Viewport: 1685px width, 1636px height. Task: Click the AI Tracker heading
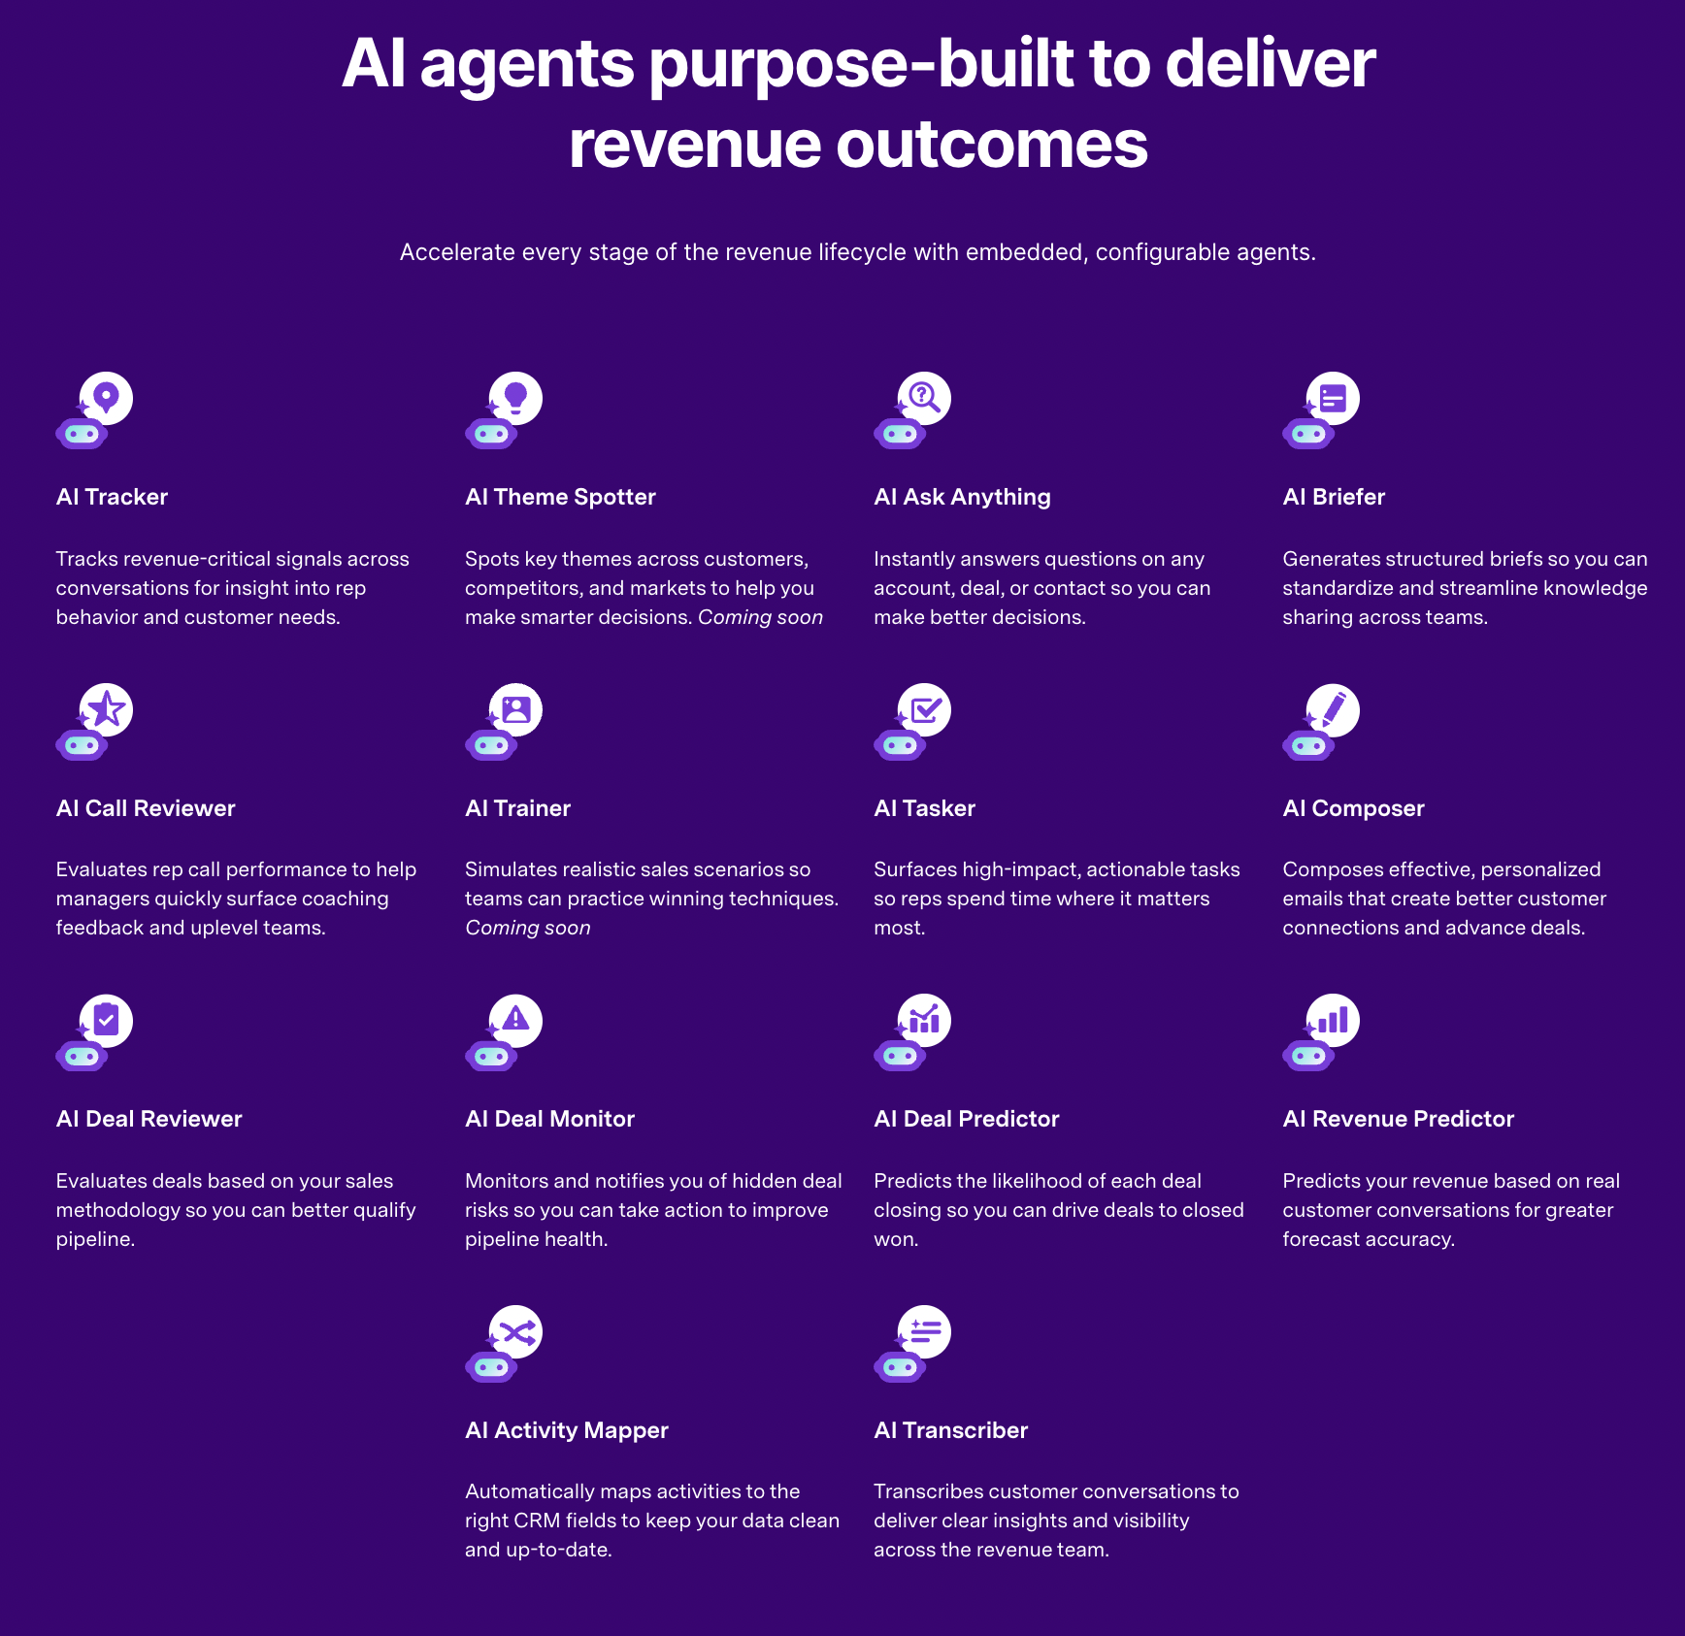tap(112, 497)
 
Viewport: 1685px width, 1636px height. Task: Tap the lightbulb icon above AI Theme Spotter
tap(514, 398)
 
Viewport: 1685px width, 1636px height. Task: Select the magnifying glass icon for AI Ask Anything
tap(924, 398)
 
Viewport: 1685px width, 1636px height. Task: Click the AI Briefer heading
tap(1334, 497)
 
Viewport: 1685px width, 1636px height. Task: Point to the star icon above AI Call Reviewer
tap(107, 709)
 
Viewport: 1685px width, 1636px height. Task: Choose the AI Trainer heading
tap(517, 808)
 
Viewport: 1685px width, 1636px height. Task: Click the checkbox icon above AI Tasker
tap(924, 709)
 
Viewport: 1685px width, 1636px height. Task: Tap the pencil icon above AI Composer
tap(1334, 709)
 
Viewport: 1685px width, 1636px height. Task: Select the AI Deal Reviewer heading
tap(149, 1119)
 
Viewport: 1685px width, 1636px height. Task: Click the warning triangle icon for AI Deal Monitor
tap(515, 1020)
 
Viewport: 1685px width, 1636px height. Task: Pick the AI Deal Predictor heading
tap(966, 1119)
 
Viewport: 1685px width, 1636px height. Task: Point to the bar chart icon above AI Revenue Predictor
tap(1334, 1020)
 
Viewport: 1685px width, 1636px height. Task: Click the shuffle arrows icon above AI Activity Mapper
tap(515, 1331)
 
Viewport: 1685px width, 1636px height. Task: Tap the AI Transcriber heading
tap(950, 1430)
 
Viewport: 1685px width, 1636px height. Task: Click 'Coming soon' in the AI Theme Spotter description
tap(760, 617)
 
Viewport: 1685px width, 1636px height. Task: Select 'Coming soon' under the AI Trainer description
tap(527, 928)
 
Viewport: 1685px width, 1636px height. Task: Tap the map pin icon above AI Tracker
tap(106, 398)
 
